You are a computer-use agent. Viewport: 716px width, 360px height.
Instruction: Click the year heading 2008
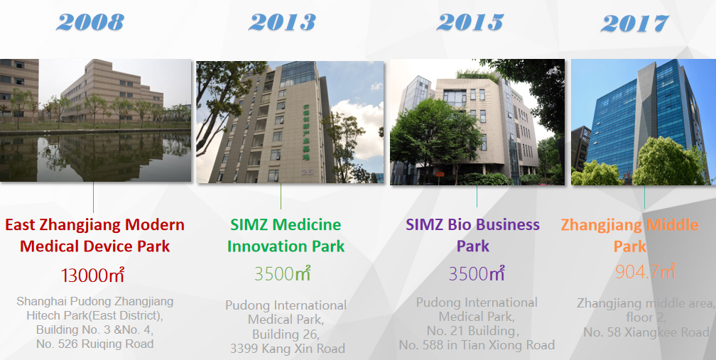(x=90, y=21)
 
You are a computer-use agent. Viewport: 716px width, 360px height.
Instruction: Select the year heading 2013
(x=282, y=21)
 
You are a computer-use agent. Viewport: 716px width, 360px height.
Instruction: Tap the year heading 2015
(x=470, y=21)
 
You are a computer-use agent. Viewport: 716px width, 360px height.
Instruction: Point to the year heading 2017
(x=635, y=23)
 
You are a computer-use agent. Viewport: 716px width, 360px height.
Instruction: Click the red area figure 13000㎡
(x=92, y=275)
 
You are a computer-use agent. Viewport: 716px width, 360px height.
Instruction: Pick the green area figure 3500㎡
(x=283, y=274)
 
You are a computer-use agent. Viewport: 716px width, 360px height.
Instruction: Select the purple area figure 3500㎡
(x=476, y=273)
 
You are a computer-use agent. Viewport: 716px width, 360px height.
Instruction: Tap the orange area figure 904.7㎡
(x=645, y=271)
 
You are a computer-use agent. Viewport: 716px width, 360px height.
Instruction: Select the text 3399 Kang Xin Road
(x=287, y=349)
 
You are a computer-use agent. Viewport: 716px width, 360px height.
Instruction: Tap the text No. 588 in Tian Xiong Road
(x=477, y=345)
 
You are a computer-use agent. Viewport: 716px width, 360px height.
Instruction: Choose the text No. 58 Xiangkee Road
(x=646, y=332)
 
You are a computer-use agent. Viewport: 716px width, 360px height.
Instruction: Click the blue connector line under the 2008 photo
(x=93, y=197)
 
